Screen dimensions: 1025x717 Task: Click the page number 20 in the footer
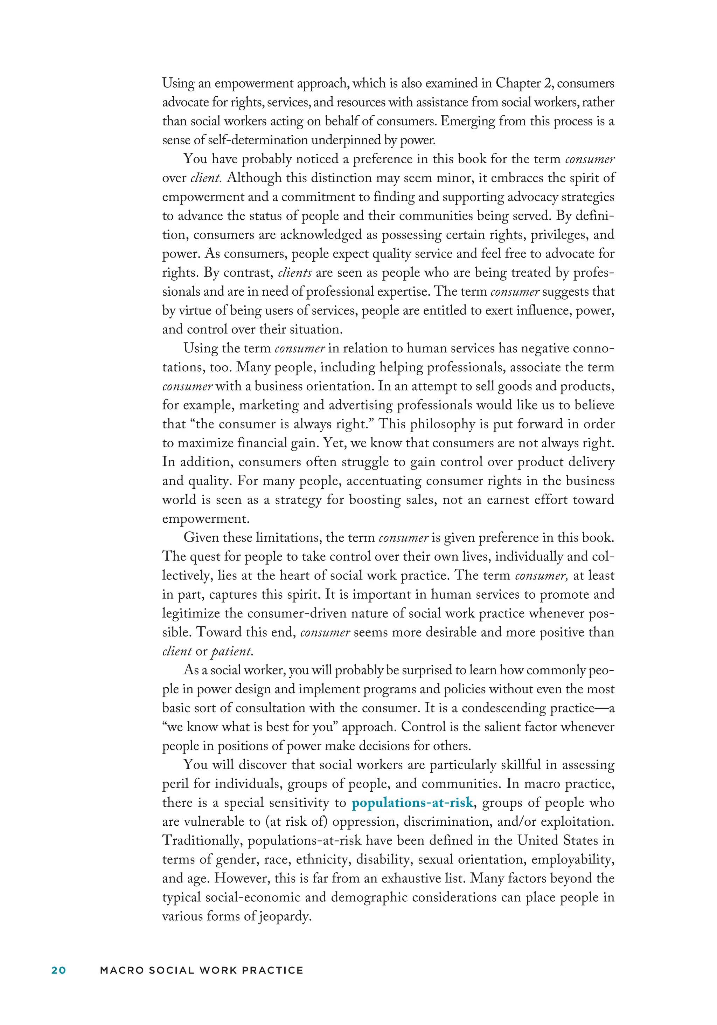coord(58,970)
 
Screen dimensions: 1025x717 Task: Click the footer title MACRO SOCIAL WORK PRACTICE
coord(202,970)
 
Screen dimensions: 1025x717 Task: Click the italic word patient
coord(231,651)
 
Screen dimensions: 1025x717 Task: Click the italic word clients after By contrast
coord(294,272)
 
